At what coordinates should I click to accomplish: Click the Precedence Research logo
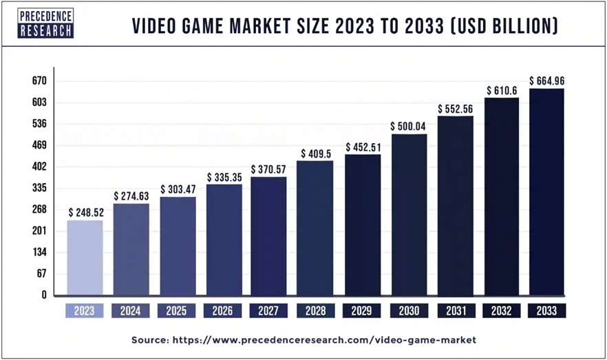tap(47, 24)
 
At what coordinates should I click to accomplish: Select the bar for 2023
tap(85, 257)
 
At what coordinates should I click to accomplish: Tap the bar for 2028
tap(315, 228)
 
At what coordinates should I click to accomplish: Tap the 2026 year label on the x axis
tap(224, 310)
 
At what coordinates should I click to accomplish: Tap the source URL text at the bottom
tap(303, 340)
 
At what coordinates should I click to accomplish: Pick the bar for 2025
tap(178, 246)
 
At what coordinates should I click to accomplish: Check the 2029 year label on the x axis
tap(362, 310)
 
